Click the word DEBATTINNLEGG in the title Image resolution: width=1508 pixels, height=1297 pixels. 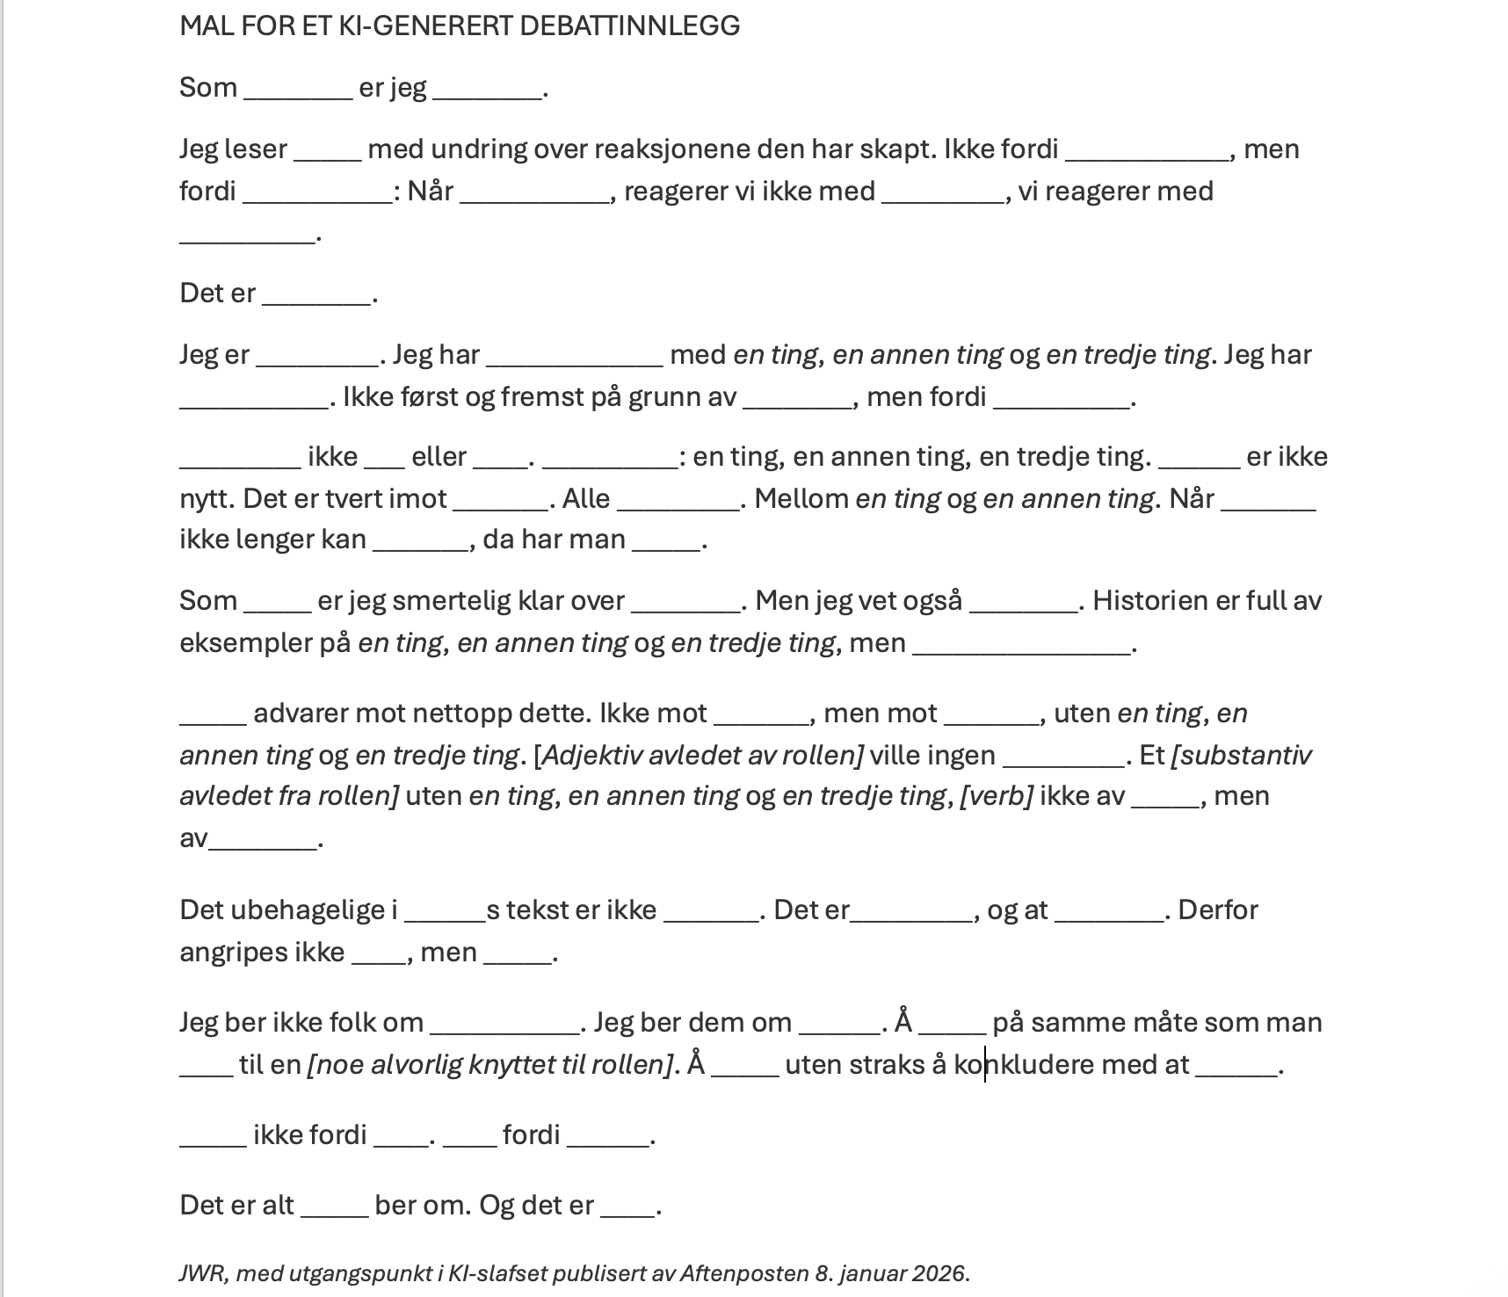point(629,26)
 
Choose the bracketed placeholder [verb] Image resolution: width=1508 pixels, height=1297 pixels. point(996,796)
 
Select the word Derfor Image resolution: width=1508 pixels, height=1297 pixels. point(1217,910)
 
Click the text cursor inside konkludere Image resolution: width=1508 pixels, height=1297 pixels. point(985,1065)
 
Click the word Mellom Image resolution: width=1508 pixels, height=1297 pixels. point(801,499)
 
